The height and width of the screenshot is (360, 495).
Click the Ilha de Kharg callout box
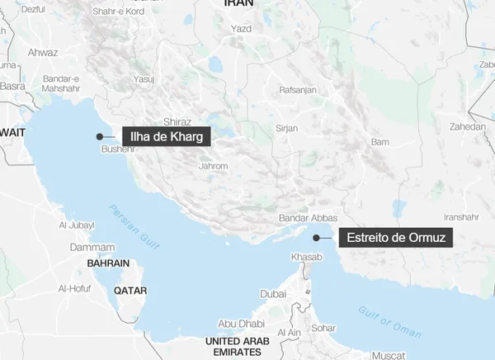[x=166, y=136]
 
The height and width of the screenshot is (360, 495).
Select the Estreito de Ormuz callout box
[x=396, y=238]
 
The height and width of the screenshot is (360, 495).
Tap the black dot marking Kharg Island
[x=100, y=136]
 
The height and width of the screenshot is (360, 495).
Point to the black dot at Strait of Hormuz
[x=316, y=238]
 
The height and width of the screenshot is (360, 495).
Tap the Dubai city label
[x=273, y=294]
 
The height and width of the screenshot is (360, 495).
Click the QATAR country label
[x=130, y=291]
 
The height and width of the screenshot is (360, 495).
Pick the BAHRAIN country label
[x=108, y=263]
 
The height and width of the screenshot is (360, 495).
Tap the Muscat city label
[x=389, y=355]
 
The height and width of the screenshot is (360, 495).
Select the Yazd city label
[x=241, y=29]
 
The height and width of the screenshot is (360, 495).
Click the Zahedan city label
[x=468, y=127]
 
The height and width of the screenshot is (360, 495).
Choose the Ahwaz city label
[x=43, y=51]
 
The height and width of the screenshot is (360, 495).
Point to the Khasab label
[x=307, y=258]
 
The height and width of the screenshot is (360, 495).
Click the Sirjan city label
[x=287, y=129]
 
